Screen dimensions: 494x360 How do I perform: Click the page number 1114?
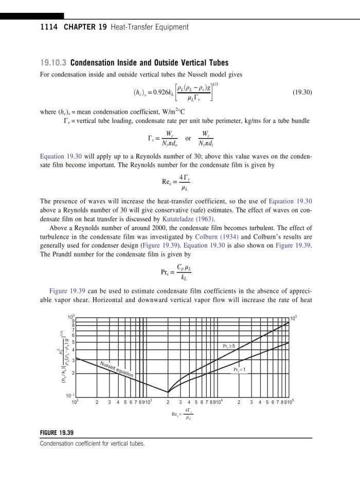click(48, 27)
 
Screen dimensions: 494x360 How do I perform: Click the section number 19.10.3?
click(53, 64)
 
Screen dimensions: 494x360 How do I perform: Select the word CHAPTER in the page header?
click(82, 27)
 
